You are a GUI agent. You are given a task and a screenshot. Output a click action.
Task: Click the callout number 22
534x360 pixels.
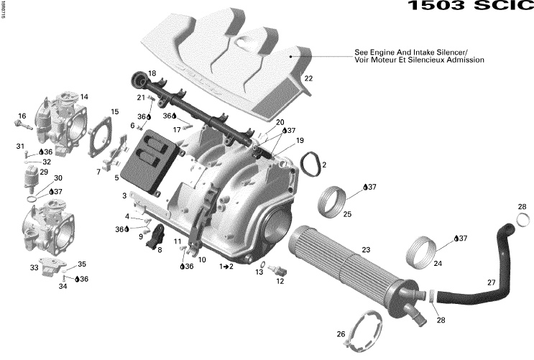click(308, 78)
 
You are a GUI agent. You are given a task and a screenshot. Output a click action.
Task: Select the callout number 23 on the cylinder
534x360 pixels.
click(366, 249)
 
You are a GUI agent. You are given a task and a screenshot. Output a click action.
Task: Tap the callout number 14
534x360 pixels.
click(84, 97)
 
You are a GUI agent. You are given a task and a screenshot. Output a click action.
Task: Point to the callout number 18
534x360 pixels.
click(152, 73)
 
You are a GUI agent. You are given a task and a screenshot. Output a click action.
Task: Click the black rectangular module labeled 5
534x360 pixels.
click(148, 158)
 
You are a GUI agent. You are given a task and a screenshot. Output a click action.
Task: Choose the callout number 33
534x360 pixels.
click(34, 268)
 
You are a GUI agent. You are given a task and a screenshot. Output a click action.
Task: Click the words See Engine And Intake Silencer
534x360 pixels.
click(410, 52)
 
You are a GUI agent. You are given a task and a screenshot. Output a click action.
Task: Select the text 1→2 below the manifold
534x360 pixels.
click(226, 266)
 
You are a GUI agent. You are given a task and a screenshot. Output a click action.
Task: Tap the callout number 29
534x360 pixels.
click(44, 172)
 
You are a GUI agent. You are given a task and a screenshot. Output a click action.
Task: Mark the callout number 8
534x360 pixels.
click(159, 250)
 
